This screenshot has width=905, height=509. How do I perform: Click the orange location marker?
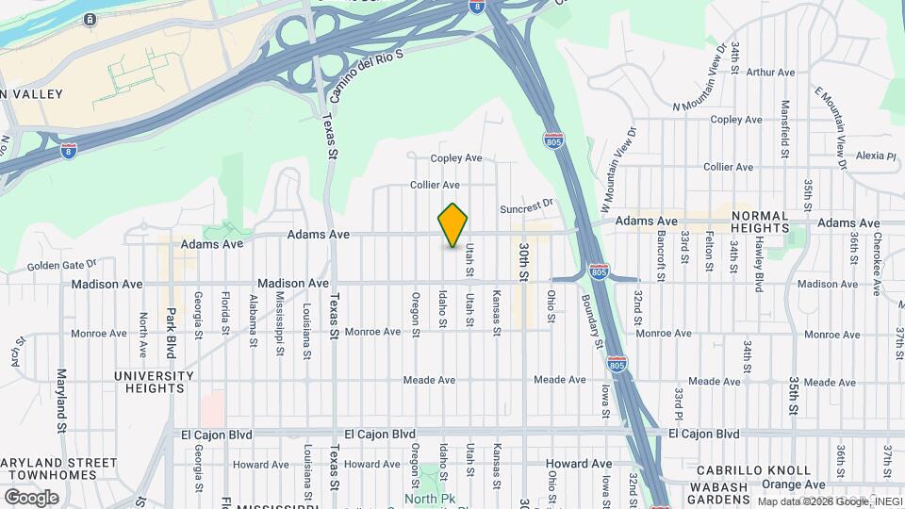pyautogui.click(x=452, y=224)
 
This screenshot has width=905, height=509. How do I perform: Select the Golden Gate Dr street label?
pyautogui.click(x=62, y=267)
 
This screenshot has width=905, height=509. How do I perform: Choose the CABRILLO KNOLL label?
pyautogui.click(x=753, y=469)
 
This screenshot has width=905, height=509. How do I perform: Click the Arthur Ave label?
pyautogui.click(x=772, y=72)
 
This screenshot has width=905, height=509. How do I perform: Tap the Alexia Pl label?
pyautogui.click(x=877, y=156)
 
